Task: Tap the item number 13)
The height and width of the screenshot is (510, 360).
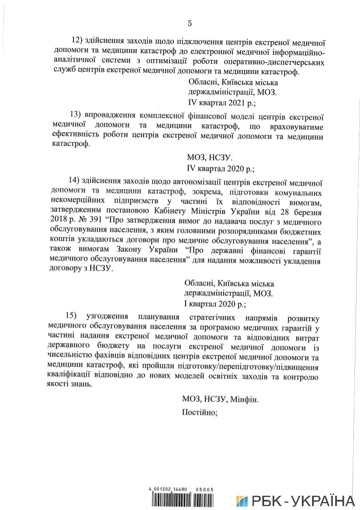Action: [x=75, y=117]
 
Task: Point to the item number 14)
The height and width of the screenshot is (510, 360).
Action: [x=75, y=182]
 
